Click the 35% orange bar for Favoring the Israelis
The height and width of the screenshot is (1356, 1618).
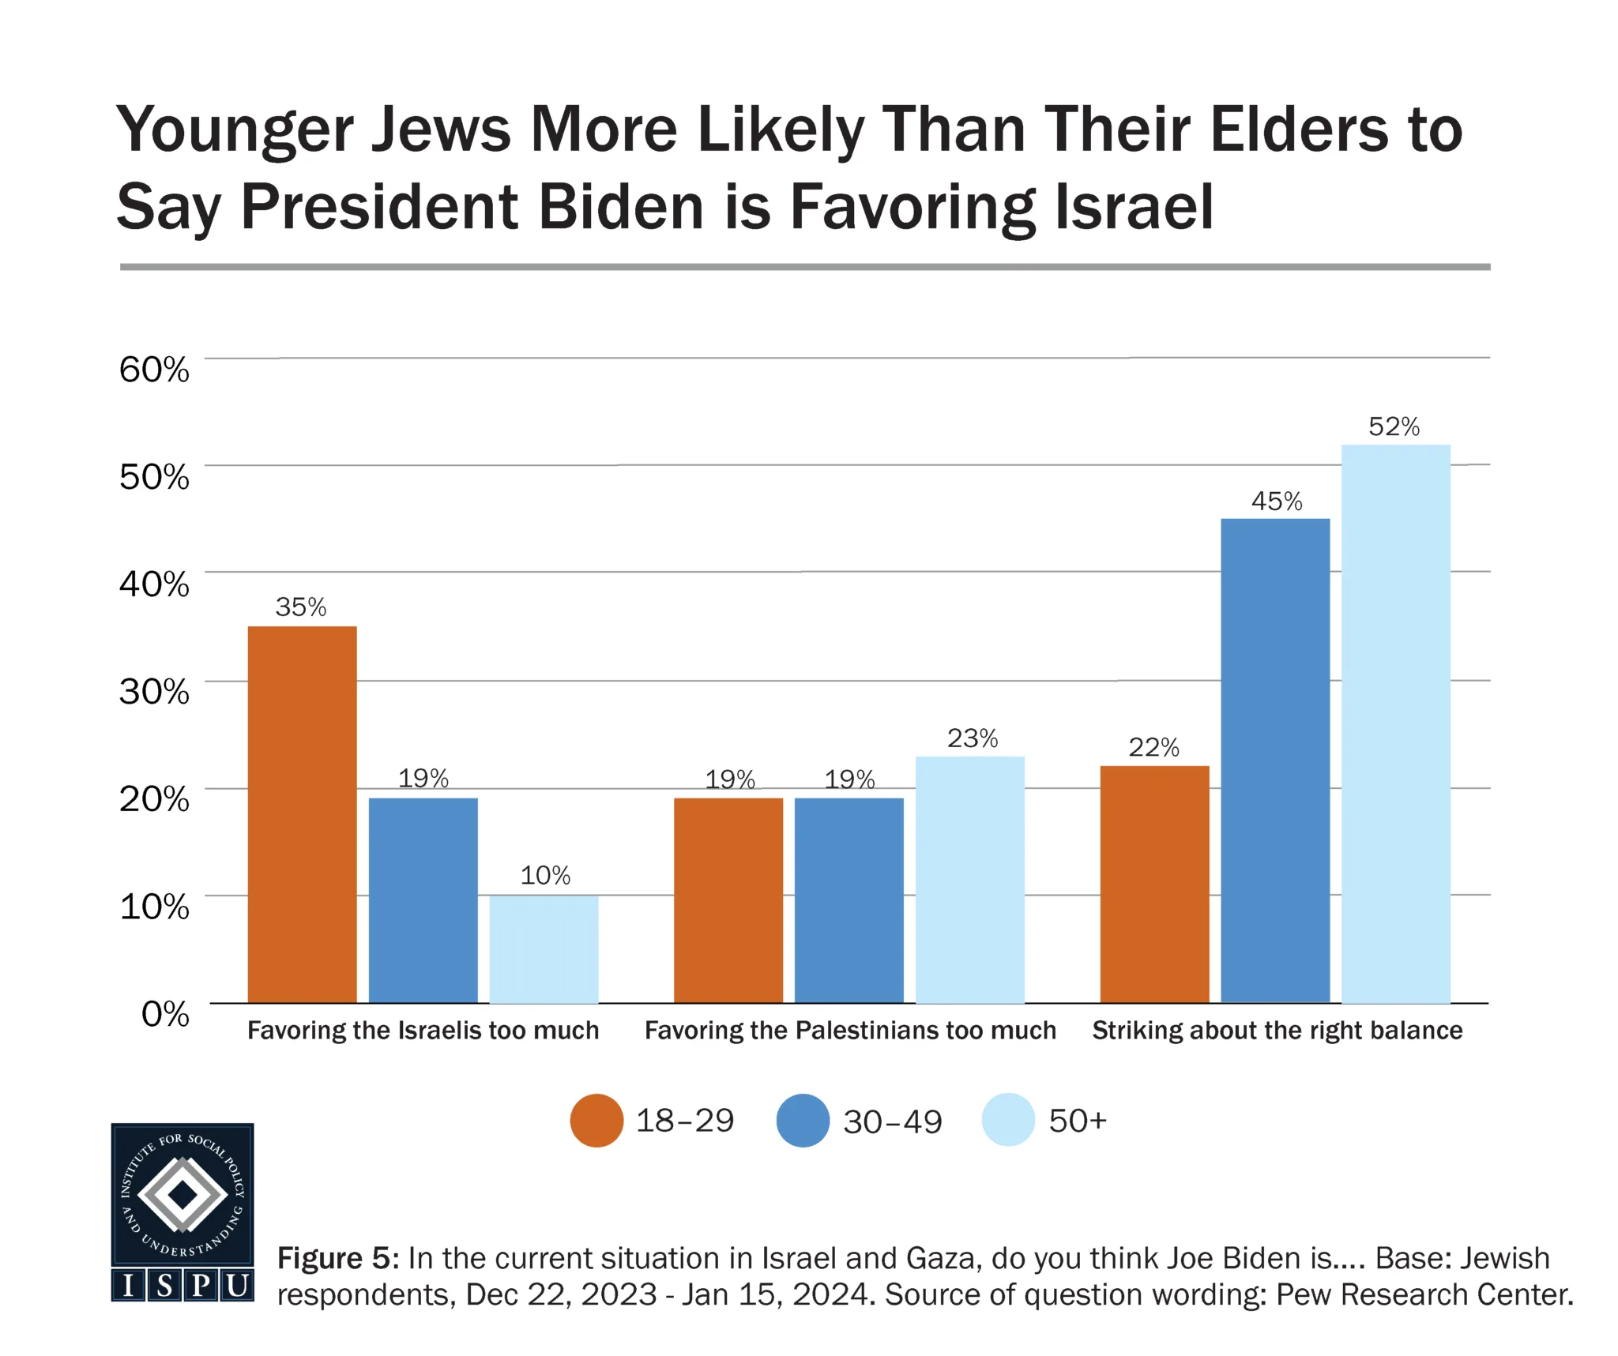pyautogui.click(x=302, y=813)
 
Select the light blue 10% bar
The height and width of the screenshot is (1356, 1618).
pyautogui.click(x=544, y=948)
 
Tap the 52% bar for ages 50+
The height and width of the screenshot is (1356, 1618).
pyautogui.click(x=1395, y=723)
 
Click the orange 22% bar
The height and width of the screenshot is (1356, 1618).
pyautogui.click(x=1153, y=884)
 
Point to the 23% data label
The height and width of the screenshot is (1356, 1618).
pyautogui.click(x=972, y=738)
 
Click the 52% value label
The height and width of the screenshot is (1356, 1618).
pyautogui.click(x=1394, y=427)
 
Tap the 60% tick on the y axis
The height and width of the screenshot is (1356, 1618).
pyautogui.click(x=154, y=370)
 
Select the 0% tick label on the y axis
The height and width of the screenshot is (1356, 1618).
pyautogui.click(x=165, y=1013)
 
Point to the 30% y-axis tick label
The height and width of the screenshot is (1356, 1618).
pyautogui.click(x=154, y=692)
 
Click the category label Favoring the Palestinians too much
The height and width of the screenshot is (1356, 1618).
pyautogui.click(x=850, y=1031)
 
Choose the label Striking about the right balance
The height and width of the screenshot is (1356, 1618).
pyautogui.click(x=1277, y=1031)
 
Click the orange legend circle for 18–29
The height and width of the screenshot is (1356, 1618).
pyautogui.click(x=596, y=1120)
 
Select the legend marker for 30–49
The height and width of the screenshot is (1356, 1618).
pyautogui.click(x=803, y=1120)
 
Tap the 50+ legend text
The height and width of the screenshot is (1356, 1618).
pyautogui.click(x=1077, y=1121)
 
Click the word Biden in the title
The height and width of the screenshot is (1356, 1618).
pyautogui.click(x=619, y=208)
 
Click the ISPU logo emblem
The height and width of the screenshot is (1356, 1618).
pyautogui.click(x=182, y=1211)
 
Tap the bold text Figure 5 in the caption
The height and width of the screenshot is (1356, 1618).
pyautogui.click(x=338, y=1258)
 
